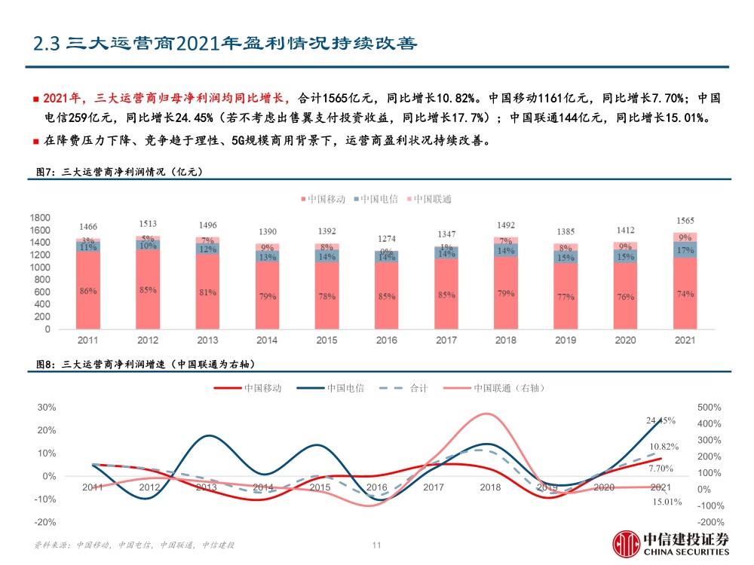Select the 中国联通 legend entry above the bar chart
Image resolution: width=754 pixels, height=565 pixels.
pos(431,199)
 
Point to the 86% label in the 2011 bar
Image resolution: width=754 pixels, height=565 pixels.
pos(89,292)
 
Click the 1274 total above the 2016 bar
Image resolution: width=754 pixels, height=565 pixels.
pos(387,238)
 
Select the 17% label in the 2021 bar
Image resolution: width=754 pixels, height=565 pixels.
pos(685,250)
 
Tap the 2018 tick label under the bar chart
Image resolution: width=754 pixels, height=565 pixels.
pos(506,341)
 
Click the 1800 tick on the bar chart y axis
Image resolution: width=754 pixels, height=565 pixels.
pos(41,218)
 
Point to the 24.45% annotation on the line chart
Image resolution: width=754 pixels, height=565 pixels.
pos(661,420)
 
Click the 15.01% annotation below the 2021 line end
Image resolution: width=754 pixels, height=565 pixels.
pos(667,502)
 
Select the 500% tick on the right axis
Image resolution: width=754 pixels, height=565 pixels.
pos(709,407)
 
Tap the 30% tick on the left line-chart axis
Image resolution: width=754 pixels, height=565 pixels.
pos(47,407)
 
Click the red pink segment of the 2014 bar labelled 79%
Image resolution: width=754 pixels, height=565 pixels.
pos(267,296)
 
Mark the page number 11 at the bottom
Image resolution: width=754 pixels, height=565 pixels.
pos(378,545)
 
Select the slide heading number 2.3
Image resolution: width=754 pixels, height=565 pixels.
pos(46,44)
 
